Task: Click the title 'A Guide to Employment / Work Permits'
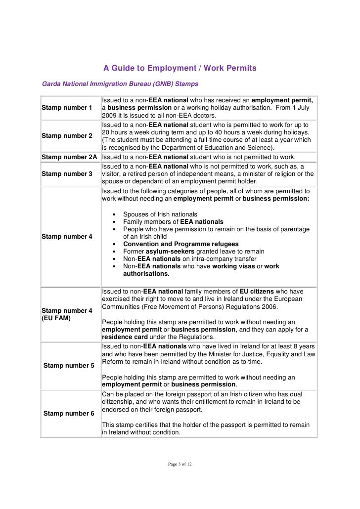click(x=180, y=68)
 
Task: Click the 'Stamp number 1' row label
click(x=67, y=108)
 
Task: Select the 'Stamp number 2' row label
click(x=67, y=135)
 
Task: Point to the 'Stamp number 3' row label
click(x=67, y=174)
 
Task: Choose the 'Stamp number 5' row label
click(x=69, y=366)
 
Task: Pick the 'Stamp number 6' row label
click(x=69, y=413)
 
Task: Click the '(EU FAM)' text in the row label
click(x=56, y=318)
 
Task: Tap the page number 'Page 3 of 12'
click(x=180, y=465)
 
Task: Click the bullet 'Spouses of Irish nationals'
click(x=160, y=214)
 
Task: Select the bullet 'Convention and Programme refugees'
click(x=180, y=244)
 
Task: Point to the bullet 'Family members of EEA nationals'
click(x=173, y=222)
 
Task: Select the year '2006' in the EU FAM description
click(x=269, y=306)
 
